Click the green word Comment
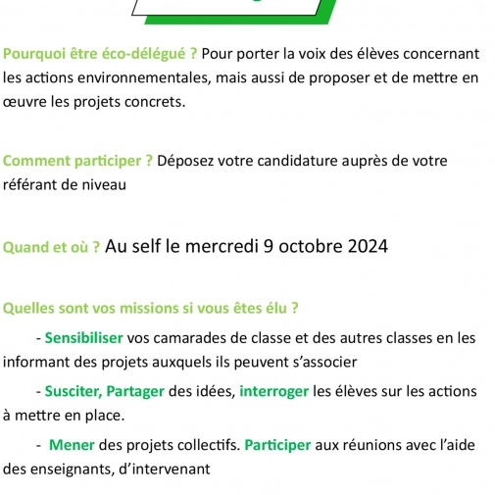pos(34,161)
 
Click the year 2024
pos(363,246)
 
